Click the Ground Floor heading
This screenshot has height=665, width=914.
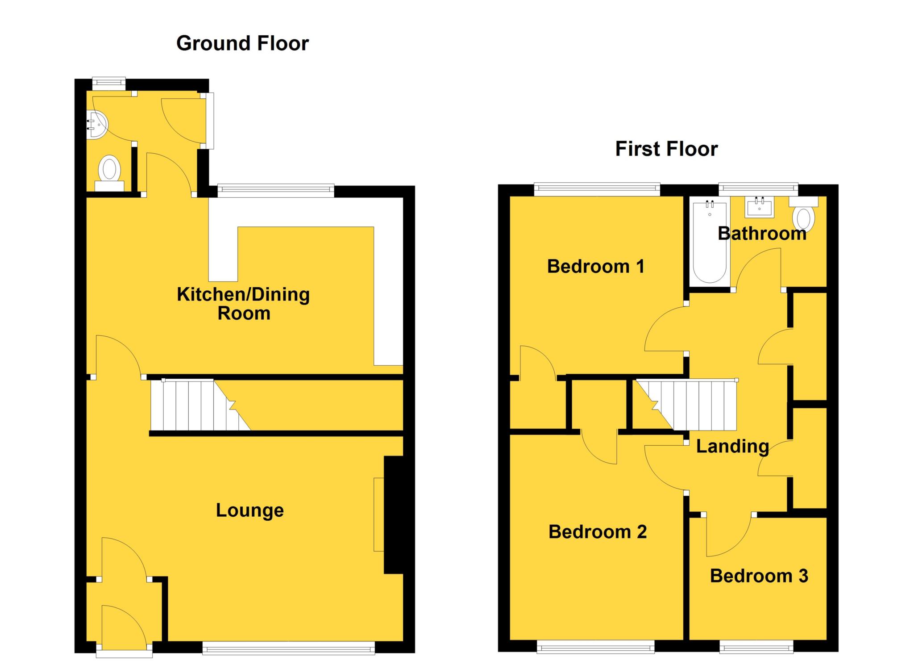[242, 44]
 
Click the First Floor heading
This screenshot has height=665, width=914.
[666, 149]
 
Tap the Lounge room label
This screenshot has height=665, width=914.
[249, 510]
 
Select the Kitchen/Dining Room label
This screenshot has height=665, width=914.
[243, 304]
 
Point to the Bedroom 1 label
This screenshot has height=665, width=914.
[595, 267]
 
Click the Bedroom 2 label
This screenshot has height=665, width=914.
[597, 532]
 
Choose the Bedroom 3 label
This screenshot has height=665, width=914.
[759, 576]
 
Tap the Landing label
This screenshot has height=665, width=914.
[732, 446]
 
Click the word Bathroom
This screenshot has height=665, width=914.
[762, 234]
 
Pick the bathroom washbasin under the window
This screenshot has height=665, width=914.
[759, 207]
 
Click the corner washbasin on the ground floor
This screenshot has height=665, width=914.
[96, 124]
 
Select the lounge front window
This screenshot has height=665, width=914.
[288, 648]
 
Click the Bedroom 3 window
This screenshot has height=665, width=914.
[756, 647]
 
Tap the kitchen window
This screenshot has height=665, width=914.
[275, 191]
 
